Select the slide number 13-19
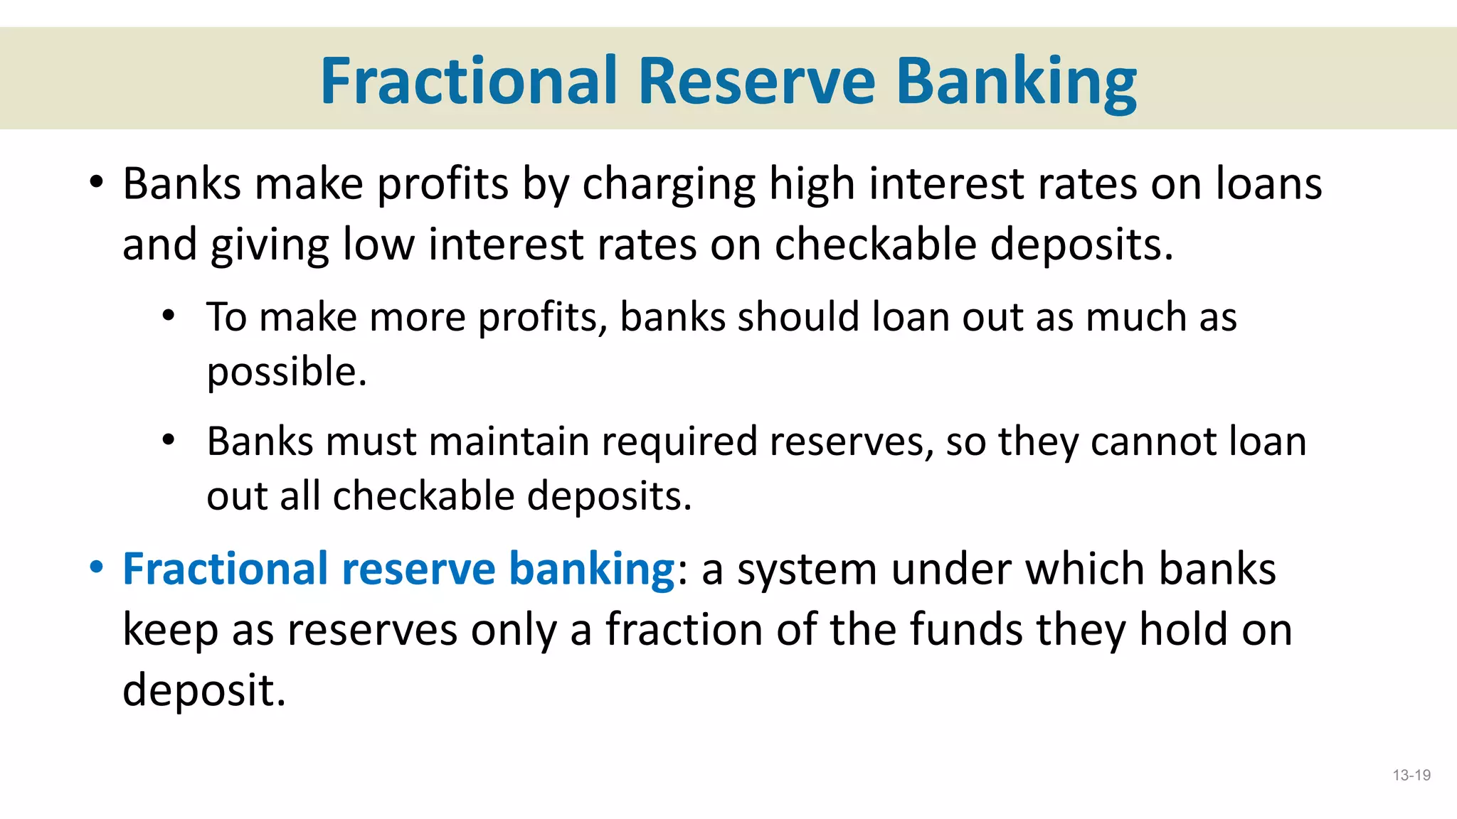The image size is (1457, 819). tap(1411, 775)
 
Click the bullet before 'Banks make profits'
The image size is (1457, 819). tap(97, 183)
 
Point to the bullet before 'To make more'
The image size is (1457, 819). tap(169, 316)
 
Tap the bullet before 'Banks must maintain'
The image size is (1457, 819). tap(169, 440)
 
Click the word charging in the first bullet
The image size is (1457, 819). tap(669, 185)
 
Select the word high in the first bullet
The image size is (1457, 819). tap(812, 185)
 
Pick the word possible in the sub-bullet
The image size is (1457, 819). tap(286, 373)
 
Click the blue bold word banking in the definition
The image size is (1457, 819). tap(592, 569)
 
